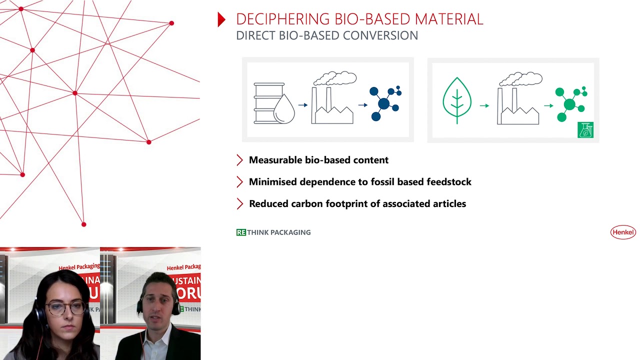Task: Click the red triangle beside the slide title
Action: [221, 19]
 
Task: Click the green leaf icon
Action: [457, 100]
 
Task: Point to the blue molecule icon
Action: [385, 103]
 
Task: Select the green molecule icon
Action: [570, 104]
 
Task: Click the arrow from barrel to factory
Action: [303, 105]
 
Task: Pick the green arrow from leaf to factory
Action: [484, 105]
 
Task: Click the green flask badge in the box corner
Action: [585, 130]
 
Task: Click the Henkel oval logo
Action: [623, 232]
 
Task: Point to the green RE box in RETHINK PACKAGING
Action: [241, 232]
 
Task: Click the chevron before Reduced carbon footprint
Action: [239, 204]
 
